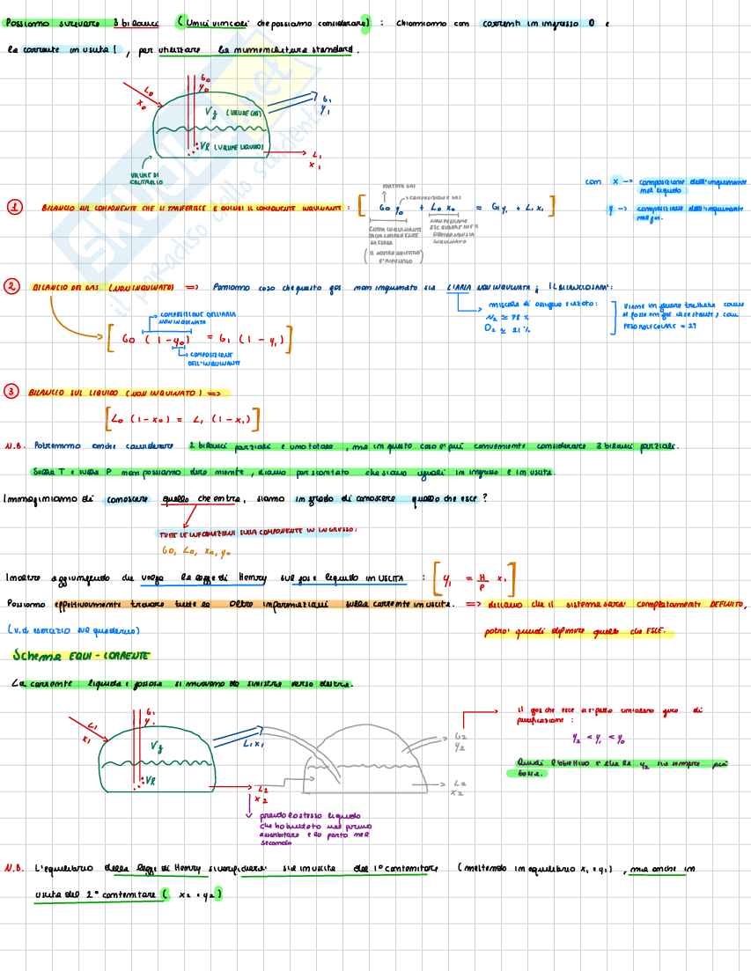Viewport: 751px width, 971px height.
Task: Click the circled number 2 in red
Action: pyautogui.click(x=11, y=287)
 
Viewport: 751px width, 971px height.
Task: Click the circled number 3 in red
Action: pyautogui.click(x=11, y=392)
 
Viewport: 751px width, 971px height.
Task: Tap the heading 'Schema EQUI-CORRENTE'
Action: pyautogui.click(x=80, y=656)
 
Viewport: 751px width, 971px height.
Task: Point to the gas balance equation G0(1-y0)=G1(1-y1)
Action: pyautogui.click(x=199, y=339)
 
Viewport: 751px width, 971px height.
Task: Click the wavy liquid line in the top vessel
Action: pyautogui.click(x=211, y=130)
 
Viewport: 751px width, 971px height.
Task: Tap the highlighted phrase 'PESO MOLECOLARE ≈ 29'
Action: pyautogui.click(x=656, y=325)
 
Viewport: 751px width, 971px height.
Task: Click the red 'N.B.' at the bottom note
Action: pyautogui.click(x=13, y=868)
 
